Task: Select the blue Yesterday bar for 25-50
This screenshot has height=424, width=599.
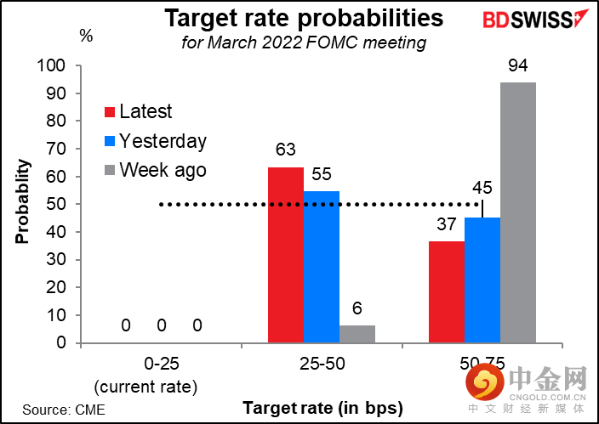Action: [322, 267]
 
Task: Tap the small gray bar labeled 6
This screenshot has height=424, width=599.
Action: [357, 334]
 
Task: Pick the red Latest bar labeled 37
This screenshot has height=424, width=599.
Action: [446, 291]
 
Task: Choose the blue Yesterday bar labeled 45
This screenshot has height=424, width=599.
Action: [482, 280]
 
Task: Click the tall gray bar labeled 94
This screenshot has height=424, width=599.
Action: [517, 212]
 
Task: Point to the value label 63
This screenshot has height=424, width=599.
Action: [286, 151]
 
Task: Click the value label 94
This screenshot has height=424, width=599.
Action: [517, 66]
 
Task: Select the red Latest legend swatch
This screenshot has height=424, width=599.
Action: [110, 112]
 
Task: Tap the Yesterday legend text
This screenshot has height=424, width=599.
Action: [163, 140]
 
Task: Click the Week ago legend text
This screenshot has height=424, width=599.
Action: [163, 169]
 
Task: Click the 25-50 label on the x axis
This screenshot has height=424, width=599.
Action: [321, 364]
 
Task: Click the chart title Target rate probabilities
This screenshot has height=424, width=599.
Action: [303, 19]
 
